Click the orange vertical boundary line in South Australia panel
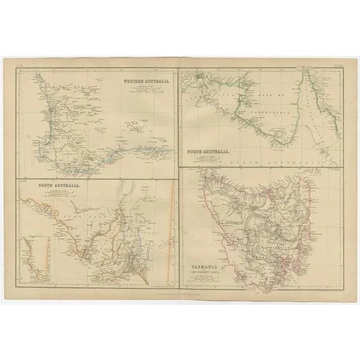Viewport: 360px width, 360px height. tap(170, 228)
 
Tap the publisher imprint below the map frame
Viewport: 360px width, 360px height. tap(180, 290)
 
